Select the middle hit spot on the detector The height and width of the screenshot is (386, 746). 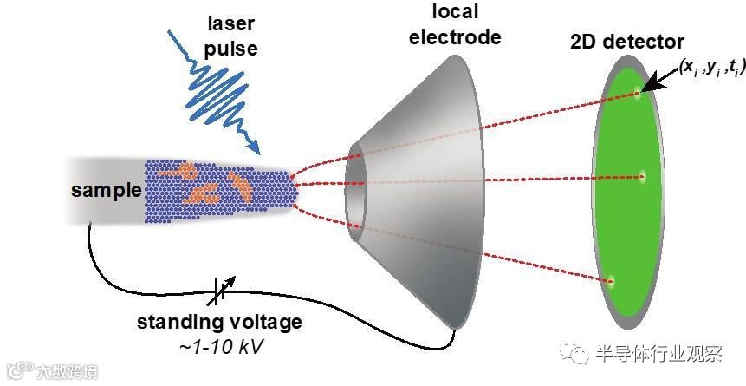[642, 177]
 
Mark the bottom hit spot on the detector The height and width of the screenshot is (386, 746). [612, 280]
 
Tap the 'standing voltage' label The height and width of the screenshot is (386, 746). [220, 323]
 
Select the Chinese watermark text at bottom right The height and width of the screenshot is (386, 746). [658, 354]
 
